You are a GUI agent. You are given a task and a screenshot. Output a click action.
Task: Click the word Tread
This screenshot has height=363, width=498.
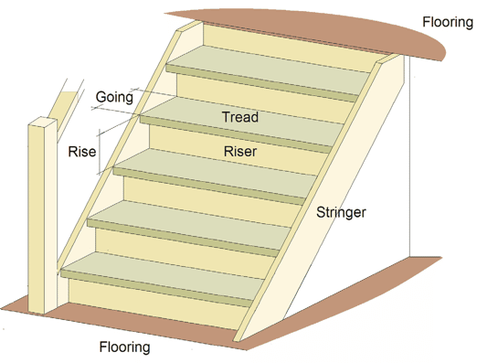point(240,117)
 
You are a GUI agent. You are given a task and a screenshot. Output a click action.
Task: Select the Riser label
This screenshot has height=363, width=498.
point(239,151)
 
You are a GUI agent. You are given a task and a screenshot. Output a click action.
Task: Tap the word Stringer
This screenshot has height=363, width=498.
point(341,213)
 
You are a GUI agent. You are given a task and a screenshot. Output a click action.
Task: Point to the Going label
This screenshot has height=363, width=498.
point(114,97)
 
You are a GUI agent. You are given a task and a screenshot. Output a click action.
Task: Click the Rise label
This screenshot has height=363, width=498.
point(82,152)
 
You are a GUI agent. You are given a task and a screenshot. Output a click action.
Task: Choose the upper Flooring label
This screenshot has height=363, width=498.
point(448,22)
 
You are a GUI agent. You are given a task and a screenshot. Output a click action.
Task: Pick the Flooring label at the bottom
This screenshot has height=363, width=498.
point(124,347)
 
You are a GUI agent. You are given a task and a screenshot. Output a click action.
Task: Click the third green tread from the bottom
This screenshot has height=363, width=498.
point(210,174)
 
